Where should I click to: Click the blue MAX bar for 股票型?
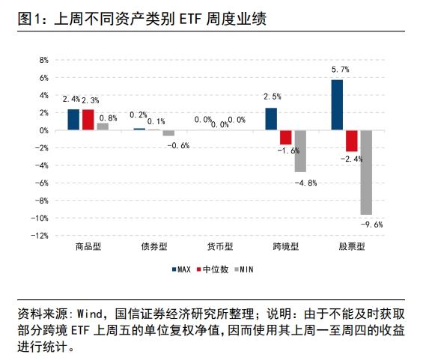(338, 105)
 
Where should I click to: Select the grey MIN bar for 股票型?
(366, 172)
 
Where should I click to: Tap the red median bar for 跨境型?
(285, 137)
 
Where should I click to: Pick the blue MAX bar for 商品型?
(73, 120)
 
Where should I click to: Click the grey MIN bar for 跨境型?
(299, 151)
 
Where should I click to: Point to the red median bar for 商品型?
(88, 120)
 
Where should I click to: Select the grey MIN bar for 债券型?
(168, 133)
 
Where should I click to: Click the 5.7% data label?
(340, 70)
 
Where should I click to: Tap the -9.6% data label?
(372, 224)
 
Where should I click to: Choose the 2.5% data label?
(273, 97)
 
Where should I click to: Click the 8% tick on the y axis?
(43, 60)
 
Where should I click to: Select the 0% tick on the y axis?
(43, 130)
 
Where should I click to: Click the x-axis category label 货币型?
(219, 246)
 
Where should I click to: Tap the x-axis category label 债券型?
(153, 246)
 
